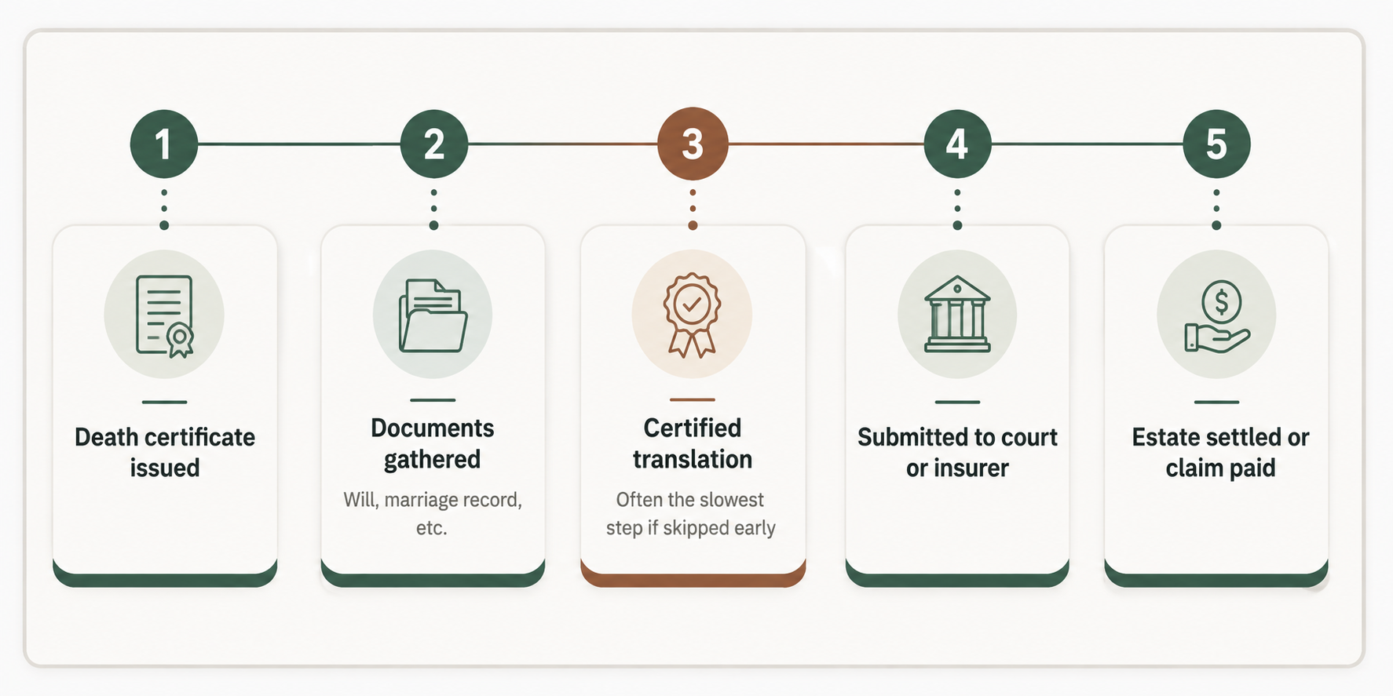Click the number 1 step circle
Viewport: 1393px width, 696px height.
(163, 144)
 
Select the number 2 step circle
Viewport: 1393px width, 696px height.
(433, 144)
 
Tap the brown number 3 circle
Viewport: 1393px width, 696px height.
(693, 144)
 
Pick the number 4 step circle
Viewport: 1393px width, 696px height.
(957, 144)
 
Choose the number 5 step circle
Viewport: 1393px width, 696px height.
(1216, 144)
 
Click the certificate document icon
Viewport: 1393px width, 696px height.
(165, 316)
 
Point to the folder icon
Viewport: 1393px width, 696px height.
(433, 315)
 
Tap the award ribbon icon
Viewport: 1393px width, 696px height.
(692, 315)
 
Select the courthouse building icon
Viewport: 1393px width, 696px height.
(957, 314)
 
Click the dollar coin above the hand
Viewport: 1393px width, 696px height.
(1221, 301)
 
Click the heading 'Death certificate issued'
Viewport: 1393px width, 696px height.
(165, 452)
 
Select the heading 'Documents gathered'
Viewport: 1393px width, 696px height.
(433, 443)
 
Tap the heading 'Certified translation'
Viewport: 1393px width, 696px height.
(693, 443)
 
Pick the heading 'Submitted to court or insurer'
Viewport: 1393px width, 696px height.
(957, 452)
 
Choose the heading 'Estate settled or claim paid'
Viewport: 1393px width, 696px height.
(1220, 452)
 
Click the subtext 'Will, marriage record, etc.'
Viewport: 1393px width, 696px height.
(433, 513)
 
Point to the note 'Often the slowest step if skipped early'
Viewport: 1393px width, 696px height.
(691, 513)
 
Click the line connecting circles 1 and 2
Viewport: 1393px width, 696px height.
(298, 144)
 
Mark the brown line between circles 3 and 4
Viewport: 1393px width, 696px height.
(826, 144)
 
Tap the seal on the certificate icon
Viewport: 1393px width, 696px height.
(181, 340)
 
